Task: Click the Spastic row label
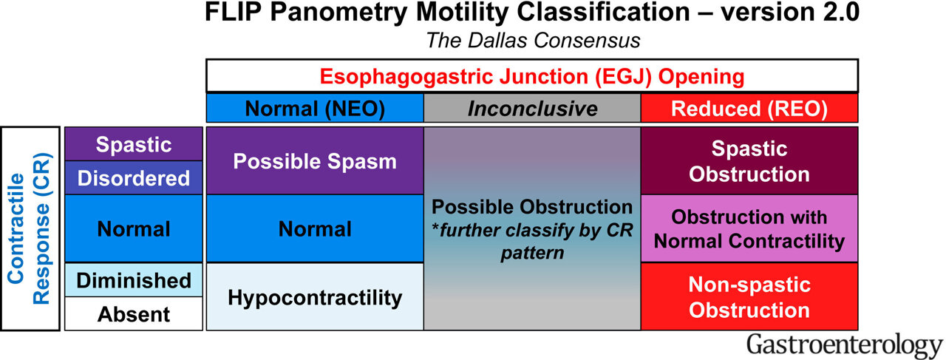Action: (x=134, y=144)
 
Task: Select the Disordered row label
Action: (x=134, y=178)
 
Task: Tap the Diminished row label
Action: (x=134, y=280)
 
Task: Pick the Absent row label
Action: (x=134, y=314)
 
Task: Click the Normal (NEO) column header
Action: (x=315, y=109)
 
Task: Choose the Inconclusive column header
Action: (x=531, y=109)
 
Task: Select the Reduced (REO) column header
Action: (x=749, y=109)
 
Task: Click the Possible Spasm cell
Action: (x=315, y=161)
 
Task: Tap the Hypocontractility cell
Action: (x=315, y=297)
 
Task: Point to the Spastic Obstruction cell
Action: (x=749, y=161)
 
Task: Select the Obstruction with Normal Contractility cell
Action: (x=749, y=228)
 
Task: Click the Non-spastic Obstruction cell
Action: (x=749, y=296)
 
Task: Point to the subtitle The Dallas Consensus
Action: (x=532, y=41)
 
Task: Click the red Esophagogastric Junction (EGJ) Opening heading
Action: (x=531, y=77)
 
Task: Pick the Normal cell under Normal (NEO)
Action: (x=315, y=229)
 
